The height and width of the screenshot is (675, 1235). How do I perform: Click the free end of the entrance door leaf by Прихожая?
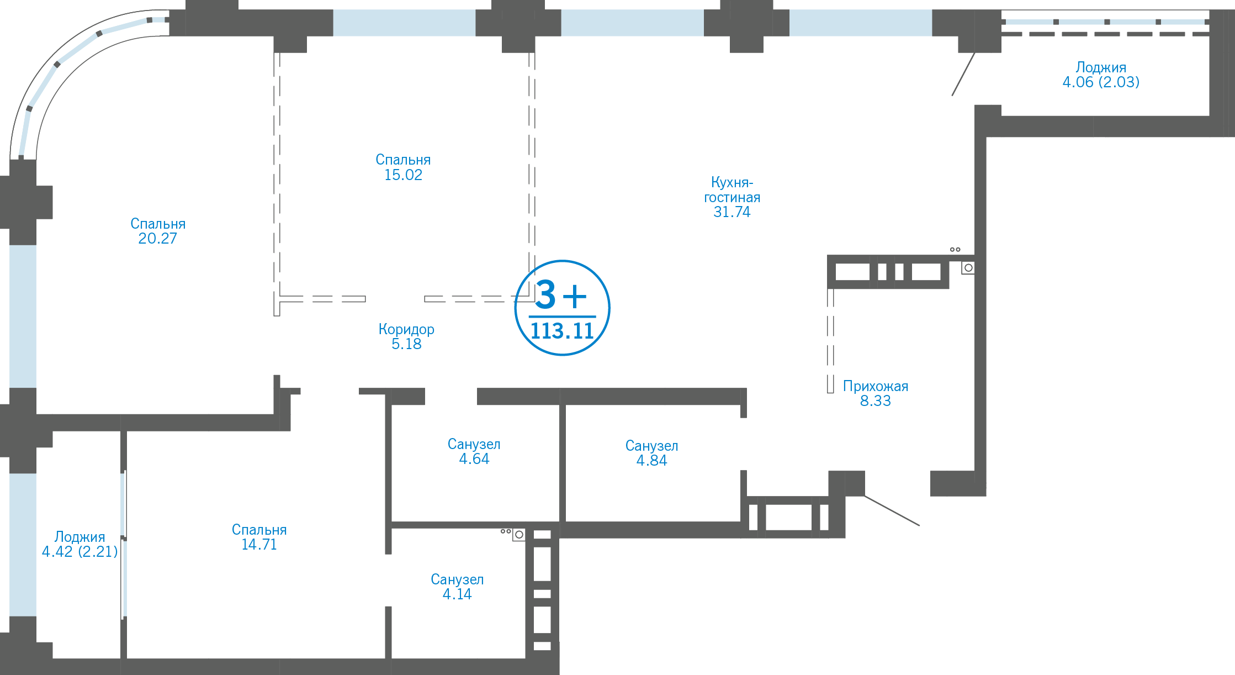[919, 525]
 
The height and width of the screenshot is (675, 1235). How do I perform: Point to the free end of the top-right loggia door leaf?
[952, 96]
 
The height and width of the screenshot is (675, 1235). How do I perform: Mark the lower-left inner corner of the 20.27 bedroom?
[37, 414]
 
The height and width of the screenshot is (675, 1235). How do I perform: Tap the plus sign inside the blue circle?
[575, 296]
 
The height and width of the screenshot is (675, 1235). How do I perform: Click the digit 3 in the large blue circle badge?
[545, 294]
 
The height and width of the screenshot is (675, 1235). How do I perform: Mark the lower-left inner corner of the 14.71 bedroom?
[128, 658]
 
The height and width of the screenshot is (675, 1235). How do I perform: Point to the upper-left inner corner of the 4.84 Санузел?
[566, 405]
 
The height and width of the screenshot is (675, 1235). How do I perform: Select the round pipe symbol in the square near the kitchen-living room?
[968, 268]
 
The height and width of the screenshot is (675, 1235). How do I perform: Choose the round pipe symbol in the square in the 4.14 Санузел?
[519, 535]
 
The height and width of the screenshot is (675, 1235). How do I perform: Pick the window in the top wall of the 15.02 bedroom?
[404, 23]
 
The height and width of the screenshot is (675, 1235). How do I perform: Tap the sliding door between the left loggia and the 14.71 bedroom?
[124, 544]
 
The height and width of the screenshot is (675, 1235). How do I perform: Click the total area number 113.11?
[562, 331]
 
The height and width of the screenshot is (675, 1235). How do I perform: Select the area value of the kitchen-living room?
[732, 212]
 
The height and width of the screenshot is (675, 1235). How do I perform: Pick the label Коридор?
[406, 329]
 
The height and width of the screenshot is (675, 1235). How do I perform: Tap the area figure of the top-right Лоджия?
[1101, 82]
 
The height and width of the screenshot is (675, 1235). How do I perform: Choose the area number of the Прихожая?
[876, 401]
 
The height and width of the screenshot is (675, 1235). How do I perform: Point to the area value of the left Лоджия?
[80, 552]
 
